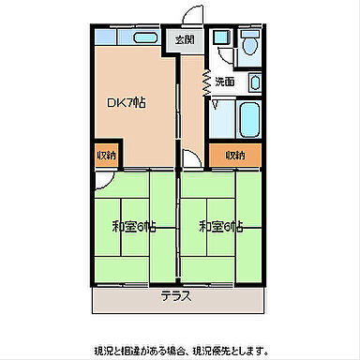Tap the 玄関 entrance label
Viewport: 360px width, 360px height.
coord(184,39)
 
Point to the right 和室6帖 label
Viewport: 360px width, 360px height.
coord(222,226)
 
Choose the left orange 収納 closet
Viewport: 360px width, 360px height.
coord(106,155)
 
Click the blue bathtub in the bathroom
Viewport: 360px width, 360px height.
coord(249,118)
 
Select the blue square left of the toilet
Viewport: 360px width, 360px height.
coord(221,39)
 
